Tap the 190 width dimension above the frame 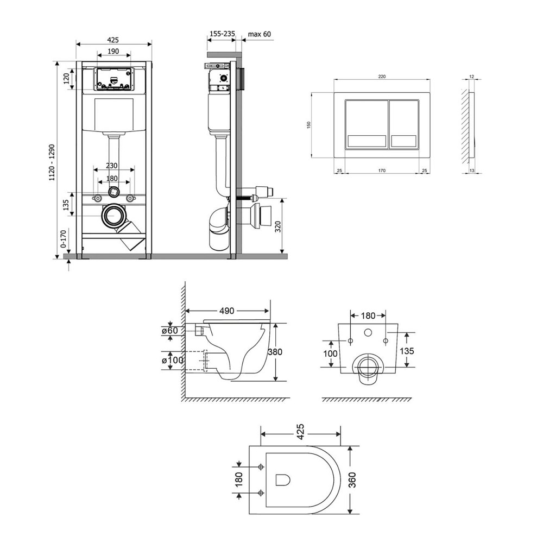pyautogui.click(x=113, y=50)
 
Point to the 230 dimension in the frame pyautogui.click(x=112, y=166)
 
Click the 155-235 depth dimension pyautogui.click(x=222, y=34)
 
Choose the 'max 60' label pyautogui.click(x=259, y=34)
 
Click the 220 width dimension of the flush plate pyautogui.click(x=382, y=77)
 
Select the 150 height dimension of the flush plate pyautogui.click(x=308, y=124)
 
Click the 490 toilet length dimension pyautogui.click(x=226, y=311)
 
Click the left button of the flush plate pyautogui.click(x=367, y=124)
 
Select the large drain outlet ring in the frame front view pyautogui.click(x=114, y=217)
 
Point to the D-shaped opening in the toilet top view pyautogui.click(x=283, y=480)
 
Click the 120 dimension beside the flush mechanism pyautogui.click(x=67, y=79)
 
